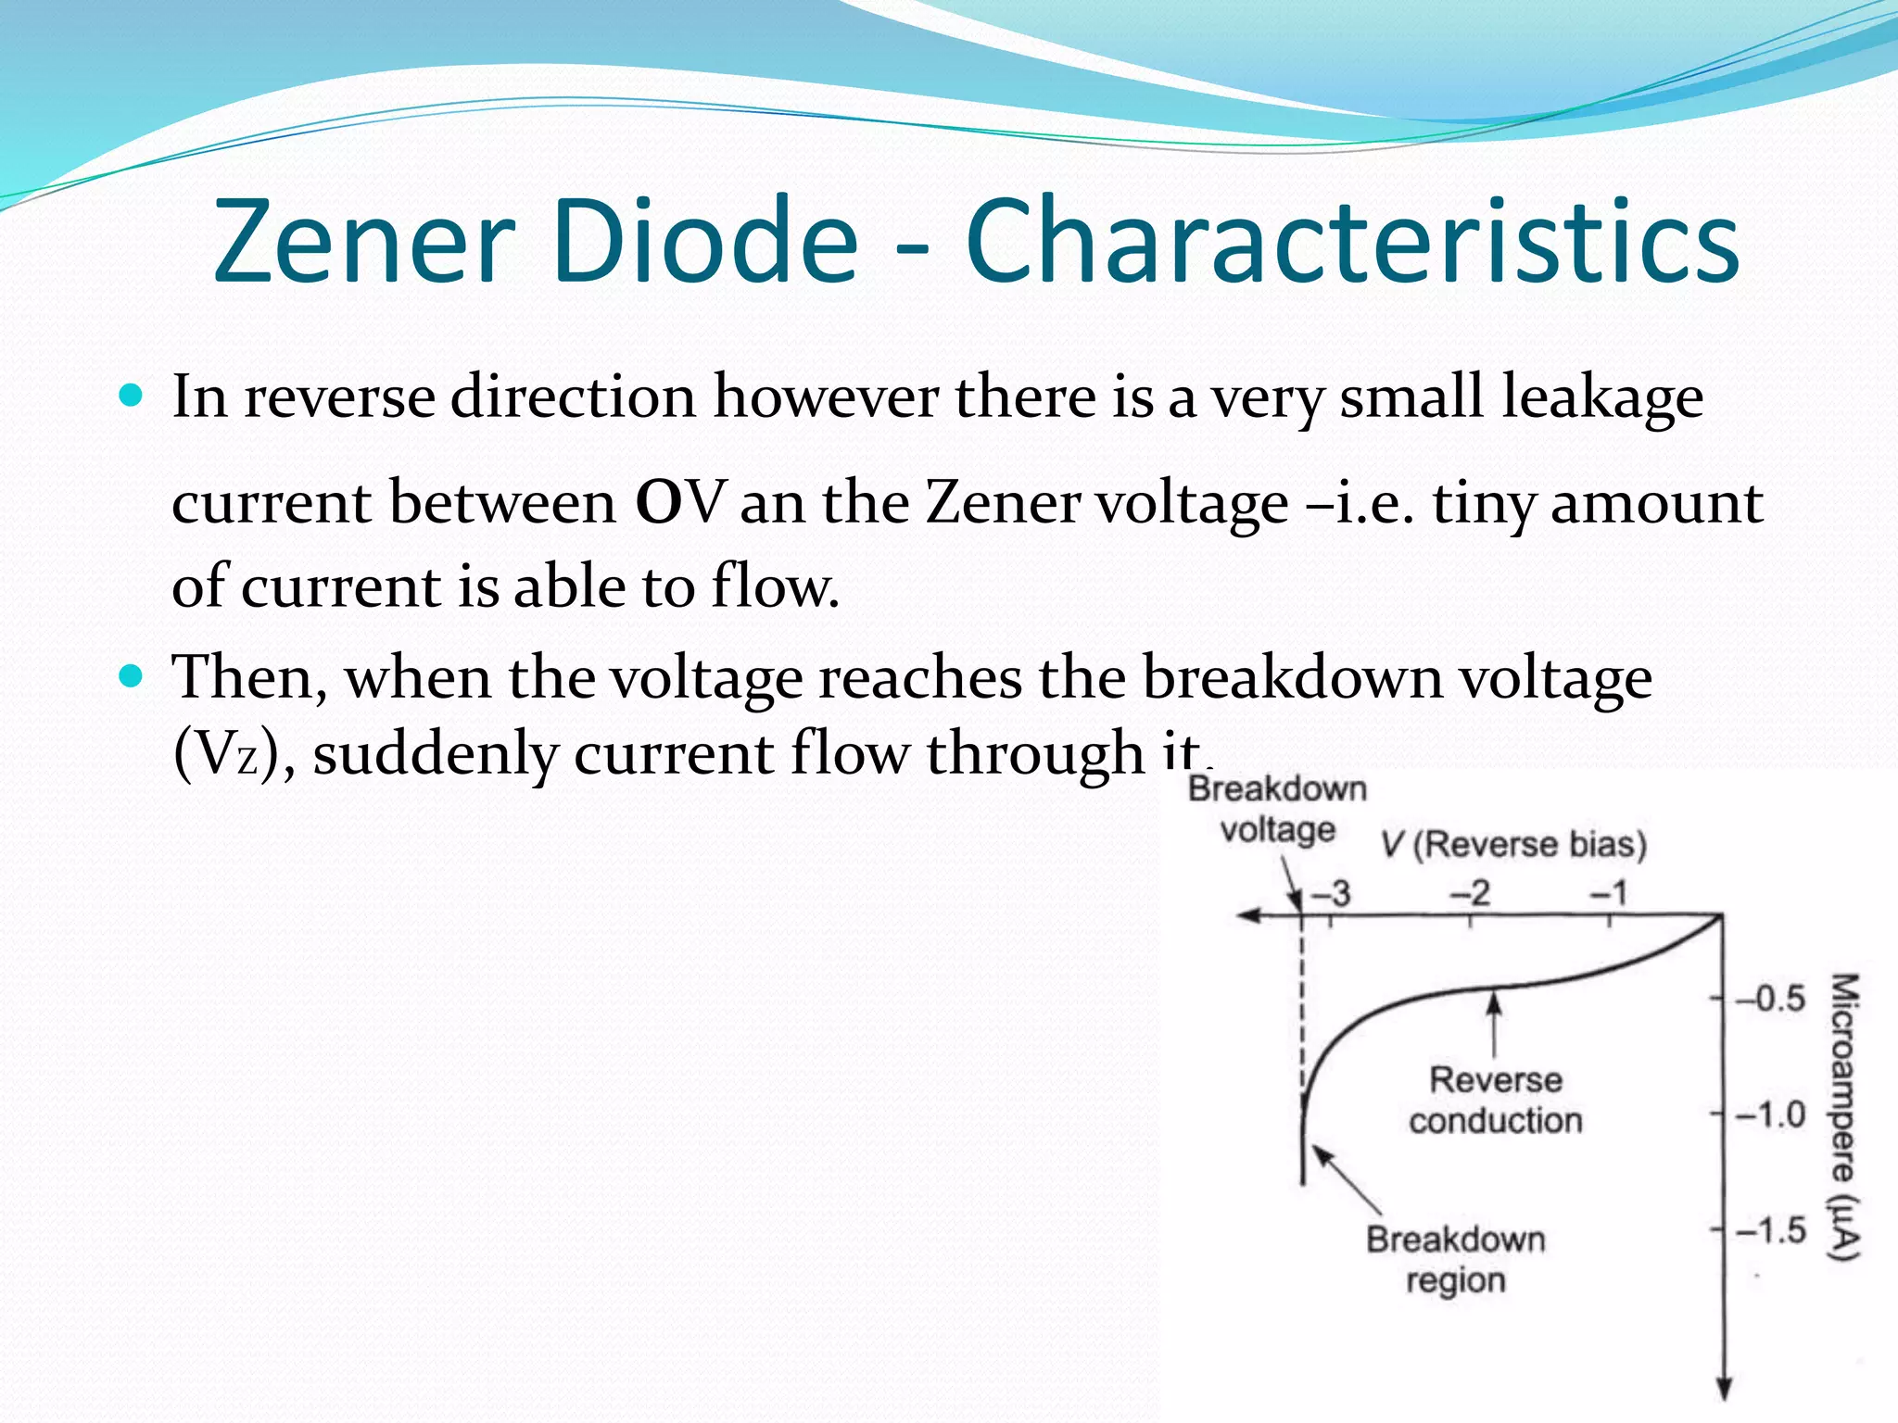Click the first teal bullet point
133,397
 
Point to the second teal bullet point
133,676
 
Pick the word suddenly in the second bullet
435,752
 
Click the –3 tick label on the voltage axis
1331,894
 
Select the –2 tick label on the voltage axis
1470,893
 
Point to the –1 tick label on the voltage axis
1609,893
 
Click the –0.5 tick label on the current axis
1770,999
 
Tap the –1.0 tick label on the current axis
1770,1114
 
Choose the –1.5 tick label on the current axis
1770,1230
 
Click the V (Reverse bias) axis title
1513,844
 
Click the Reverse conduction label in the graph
1495,1101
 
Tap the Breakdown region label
1455,1260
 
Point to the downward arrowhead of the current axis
1724,1390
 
